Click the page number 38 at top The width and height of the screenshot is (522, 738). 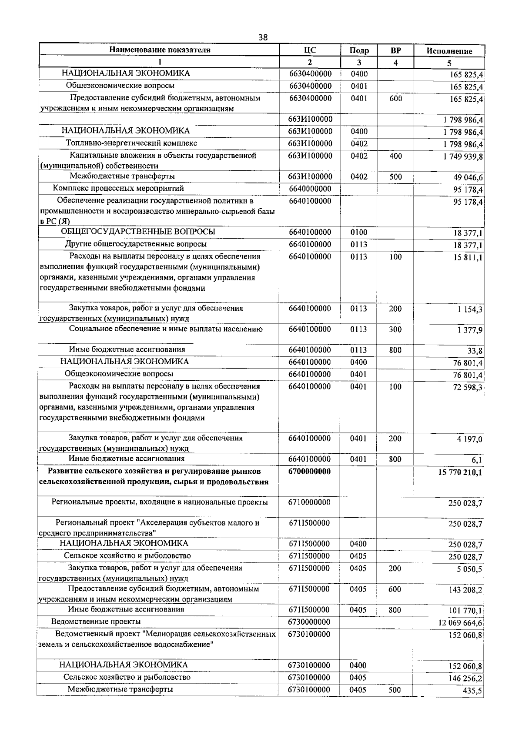click(x=262, y=37)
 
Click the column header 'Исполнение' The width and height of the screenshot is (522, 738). click(x=449, y=51)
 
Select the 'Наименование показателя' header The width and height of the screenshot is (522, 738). click(x=160, y=50)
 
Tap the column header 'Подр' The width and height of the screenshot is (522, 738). click(x=359, y=50)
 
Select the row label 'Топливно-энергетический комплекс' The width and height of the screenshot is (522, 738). click(x=131, y=143)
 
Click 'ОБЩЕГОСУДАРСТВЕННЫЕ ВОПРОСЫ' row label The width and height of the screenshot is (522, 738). click(x=138, y=232)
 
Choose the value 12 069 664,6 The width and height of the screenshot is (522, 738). click(x=461, y=623)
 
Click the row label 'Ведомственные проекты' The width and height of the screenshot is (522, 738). click(x=96, y=622)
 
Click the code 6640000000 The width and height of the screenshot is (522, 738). click(x=310, y=189)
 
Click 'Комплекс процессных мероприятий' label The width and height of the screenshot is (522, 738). click(x=118, y=188)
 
